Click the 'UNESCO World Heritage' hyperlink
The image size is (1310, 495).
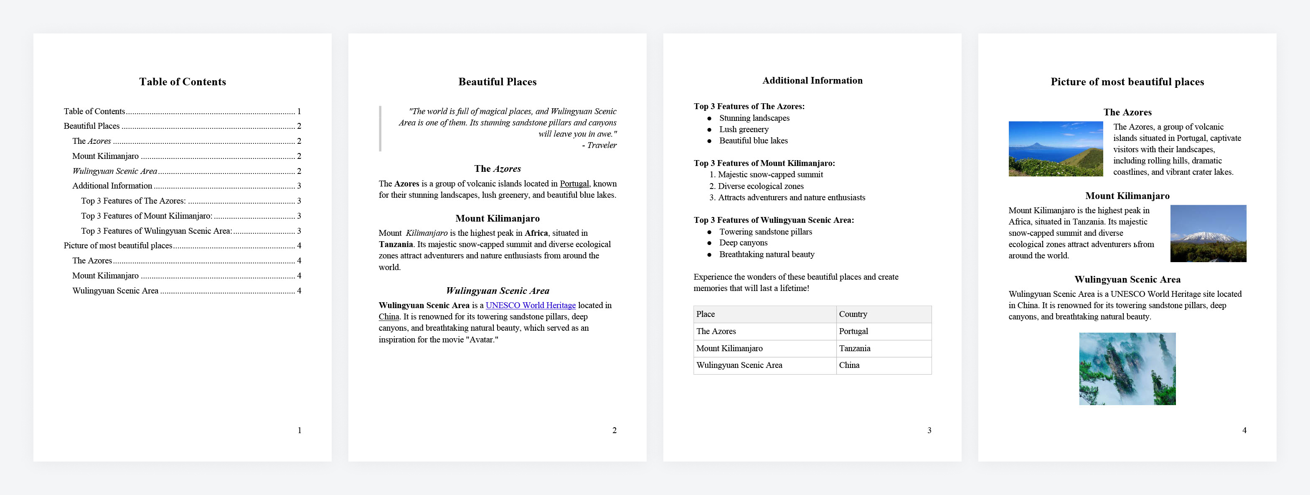click(x=531, y=305)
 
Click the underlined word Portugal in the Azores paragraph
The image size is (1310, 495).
click(x=574, y=184)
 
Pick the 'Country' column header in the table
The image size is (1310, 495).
click(x=853, y=314)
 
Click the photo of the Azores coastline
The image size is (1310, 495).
click(x=1055, y=148)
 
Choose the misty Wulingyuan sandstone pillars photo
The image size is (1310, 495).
click(x=1127, y=369)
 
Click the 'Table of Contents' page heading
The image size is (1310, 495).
click(x=183, y=82)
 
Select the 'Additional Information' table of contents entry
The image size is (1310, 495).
click(x=112, y=186)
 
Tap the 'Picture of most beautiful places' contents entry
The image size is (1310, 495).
click(x=118, y=246)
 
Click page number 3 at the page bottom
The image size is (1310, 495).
click(x=929, y=430)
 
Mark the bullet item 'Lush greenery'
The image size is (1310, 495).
click(x=744, y=130)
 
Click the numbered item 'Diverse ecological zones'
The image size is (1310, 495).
click(x=760, y=186)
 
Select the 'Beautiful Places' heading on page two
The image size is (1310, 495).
click(x=498, y=82)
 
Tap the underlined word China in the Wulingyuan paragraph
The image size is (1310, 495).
click(x=388, y=317)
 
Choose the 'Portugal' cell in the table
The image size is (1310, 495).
click(x=853, y=332)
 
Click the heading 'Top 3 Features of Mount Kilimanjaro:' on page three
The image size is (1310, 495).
click(x=764, y=163)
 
